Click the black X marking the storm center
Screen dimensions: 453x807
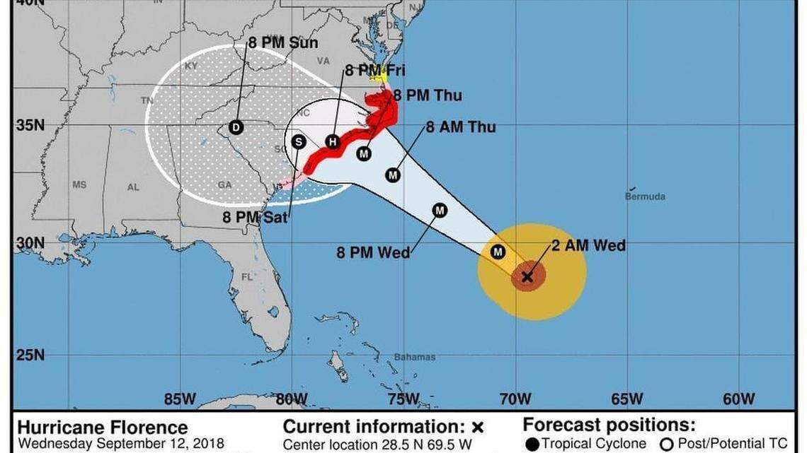[527, 276]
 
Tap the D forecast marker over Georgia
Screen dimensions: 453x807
[236, 127]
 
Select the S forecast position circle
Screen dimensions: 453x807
[298, 142]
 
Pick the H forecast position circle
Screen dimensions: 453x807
[332, 142]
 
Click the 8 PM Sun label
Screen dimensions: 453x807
[282, 43]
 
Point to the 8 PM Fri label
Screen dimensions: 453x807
[374, 71]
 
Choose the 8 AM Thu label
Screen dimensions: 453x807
[460, 127]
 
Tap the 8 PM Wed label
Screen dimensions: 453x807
[373, 252]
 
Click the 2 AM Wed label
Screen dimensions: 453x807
[589, 245]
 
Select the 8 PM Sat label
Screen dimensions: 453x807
[255, 218]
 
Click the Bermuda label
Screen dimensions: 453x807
[645, 196]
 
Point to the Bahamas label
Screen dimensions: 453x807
[415, 357]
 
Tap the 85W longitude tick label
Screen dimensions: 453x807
[180, 399]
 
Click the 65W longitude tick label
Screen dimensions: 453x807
[627, 399]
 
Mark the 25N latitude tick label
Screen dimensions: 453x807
[30, 354]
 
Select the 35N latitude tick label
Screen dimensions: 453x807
[30, 126]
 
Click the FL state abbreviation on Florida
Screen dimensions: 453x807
[246, 277]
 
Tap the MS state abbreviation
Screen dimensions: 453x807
[79, 184]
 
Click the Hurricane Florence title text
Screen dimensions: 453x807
[103, 428]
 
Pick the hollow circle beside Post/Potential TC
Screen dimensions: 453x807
[666, 444]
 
